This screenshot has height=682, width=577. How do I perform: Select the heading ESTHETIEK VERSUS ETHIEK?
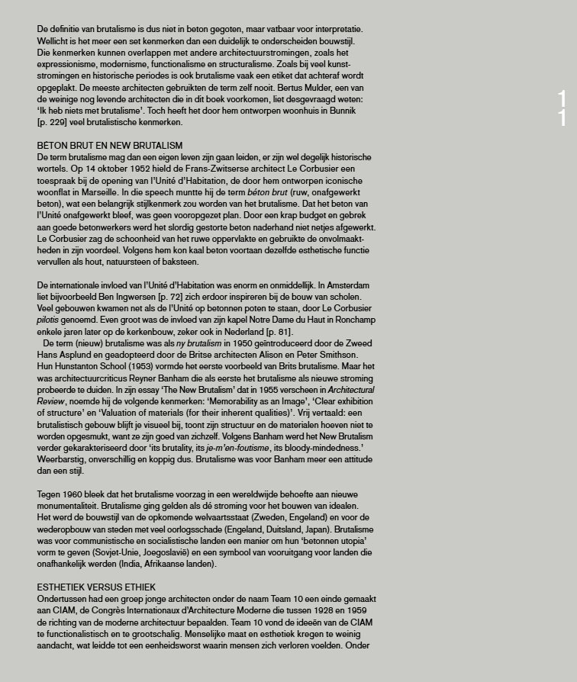point(96,587)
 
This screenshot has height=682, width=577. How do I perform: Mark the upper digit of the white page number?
point(562,98)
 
